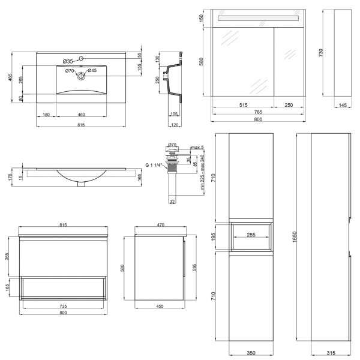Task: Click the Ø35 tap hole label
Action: pyautogui.click(x=68, y=62)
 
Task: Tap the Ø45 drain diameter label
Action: pyautogui.click(x=92, y=70)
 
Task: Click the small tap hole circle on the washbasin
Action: pyautogui.click(x=81, y=59)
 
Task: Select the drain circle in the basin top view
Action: pyautogui.click(x=81, y=76)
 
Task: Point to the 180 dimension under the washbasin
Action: pyautogui.click(x=46, y=115)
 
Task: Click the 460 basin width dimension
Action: pyautogui.click(x=81, y=115)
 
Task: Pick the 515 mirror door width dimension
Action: pyautogui.click(x=244, y=105)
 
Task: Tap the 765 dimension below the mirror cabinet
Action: pyautogui.click(x=258, y=112)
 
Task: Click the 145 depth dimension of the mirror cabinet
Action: pyautogui.click(x=343, y=105)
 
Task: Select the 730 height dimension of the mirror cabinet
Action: pyautogui.click(x=321, y=53)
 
